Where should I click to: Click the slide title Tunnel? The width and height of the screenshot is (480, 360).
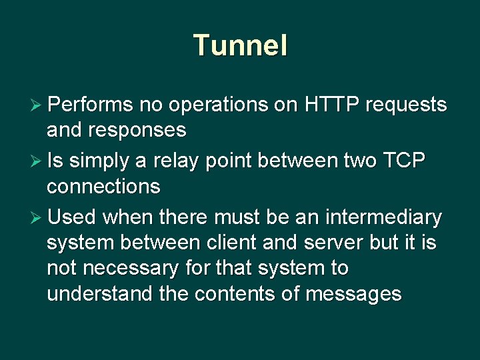tap(240, 46)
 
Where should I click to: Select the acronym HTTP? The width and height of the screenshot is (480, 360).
tap(332, 105)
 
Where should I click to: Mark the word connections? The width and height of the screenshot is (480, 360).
tap(103, 187)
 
